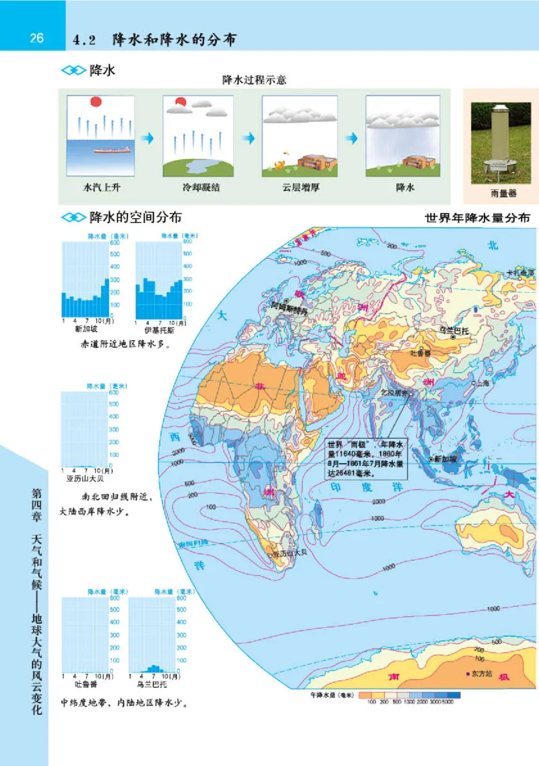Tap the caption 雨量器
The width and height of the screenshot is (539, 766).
point(503,193)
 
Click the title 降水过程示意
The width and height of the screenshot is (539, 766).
point(255,80)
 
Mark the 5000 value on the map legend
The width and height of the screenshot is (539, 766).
point(447,702)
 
